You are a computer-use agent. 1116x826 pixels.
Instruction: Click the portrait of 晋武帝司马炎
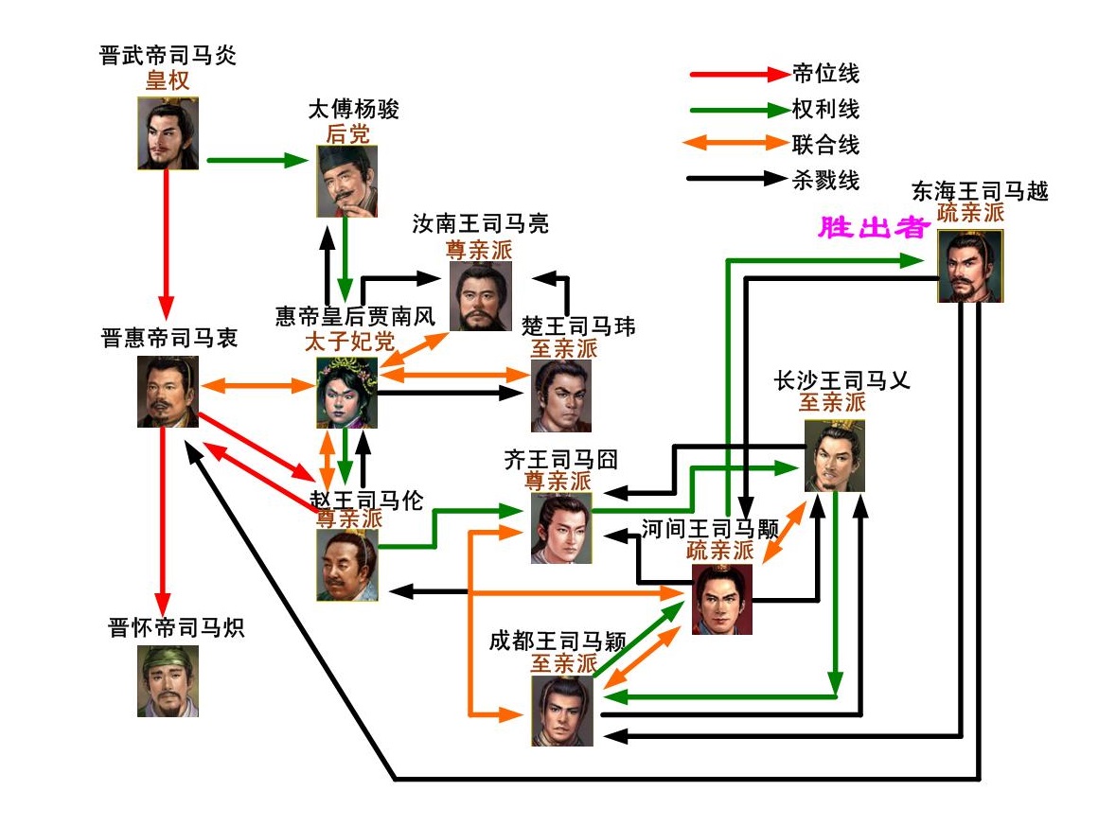pyautogui.click(x=168, y=133)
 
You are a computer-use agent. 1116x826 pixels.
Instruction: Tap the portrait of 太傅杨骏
pyautogui.click(x=346, y=181)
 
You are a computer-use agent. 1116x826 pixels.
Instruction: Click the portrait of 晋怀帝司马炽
pyautogui.click(x=168, y=680)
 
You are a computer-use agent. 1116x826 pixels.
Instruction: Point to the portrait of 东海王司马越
pyautogui.click(x=970, y=266)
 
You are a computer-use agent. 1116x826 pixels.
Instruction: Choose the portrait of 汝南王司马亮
pyautogui.click(x=480, y=296)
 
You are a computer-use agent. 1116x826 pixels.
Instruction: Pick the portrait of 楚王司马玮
pyautogui.click(x=561, y=395)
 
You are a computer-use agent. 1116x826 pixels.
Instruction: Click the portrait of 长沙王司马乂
pyautogui.click(x=834, y=456)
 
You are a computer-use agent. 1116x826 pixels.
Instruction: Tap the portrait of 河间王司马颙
pyautogui.click(x=721, y=599)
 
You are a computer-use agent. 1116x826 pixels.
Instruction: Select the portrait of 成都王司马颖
pyautogui.click(x=562, y=711)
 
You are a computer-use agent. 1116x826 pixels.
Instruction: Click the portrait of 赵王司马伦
pyautogui.click(x=346, y=565)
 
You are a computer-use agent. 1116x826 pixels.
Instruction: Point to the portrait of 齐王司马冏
pyautogui.click(x=561, y=529)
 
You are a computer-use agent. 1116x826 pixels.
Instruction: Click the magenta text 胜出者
pyautogui.click(x=871, y=228)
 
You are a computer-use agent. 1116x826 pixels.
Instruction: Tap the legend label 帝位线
pyautogui.click(x=825, y=73)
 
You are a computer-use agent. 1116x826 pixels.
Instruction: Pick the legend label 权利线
pyautogui.click(x=825, y=109)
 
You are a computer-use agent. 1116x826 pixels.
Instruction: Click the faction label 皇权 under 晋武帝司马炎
pyautogui.click(x=168, y=80)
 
